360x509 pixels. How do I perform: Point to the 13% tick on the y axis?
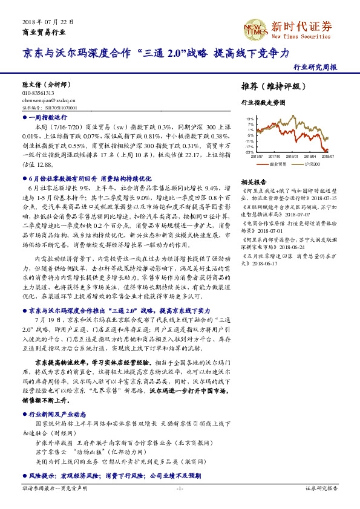tap(250, 120)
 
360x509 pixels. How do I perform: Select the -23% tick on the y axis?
tap(249, 152)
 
